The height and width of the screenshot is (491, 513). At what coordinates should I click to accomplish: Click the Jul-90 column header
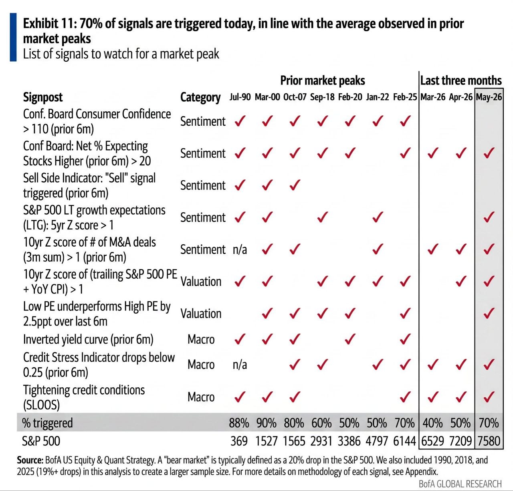click(x=240, y=97)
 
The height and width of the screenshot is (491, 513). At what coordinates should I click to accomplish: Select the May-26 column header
click(x=489, y=97)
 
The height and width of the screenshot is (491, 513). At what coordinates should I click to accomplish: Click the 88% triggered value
click(x=239, y=423)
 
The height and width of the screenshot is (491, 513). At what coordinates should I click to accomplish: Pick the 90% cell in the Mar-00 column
click(x=267, y=423)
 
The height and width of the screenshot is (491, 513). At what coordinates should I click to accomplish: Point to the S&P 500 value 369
click(x=239, y=441)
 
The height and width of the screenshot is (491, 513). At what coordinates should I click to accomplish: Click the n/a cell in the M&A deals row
click(x=240, y=250)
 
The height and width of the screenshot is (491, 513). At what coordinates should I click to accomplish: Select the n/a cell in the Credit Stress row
click(x=240, y=365)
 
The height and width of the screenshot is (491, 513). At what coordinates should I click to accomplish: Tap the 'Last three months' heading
click(x=461, y=80)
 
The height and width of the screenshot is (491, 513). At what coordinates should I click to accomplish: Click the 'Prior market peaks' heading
click(x=323, y=80)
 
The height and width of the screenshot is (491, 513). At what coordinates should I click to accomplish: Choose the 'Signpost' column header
click(x=43, y=97)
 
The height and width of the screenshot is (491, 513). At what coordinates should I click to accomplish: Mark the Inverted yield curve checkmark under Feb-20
click(x=350, y=339)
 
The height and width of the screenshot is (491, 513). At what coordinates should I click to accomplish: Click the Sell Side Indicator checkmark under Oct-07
click(x=295, y=185)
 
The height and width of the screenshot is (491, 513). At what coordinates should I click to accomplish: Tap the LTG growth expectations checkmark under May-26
click(x=489, y=217)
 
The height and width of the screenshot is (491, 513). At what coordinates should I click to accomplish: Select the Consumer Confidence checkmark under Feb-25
click(x=405, y=121)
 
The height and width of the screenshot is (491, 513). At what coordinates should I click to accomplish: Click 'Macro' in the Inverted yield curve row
click(x=201, y=339)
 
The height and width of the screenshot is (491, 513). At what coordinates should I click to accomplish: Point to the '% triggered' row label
click(x=47, y=423)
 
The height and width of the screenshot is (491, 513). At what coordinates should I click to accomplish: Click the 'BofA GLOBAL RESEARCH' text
click(x=460, y=484)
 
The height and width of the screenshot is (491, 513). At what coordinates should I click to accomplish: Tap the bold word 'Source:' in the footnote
click(x=30, y=460)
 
